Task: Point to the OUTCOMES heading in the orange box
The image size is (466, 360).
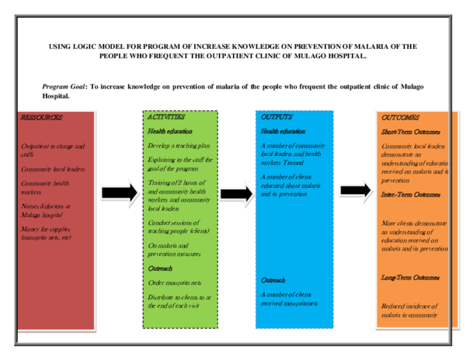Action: click(400, 118)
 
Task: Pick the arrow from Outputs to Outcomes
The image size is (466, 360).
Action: click(355, 189)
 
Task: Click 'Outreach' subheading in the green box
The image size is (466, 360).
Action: click(160, 268)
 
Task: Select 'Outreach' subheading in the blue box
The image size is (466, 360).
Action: click(273, 279)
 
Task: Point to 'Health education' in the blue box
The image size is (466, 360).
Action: click(283, 131)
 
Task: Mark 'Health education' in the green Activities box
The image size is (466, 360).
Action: click(170, 132)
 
